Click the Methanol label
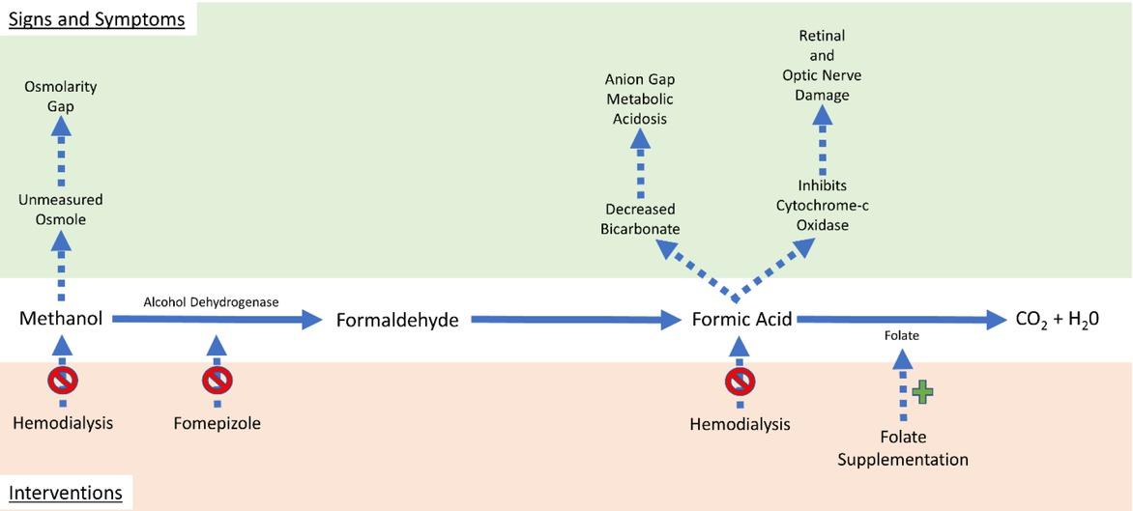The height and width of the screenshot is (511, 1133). [61, 320]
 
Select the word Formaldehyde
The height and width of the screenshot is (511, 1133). [396, 320]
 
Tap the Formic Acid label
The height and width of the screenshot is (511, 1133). [741, 320]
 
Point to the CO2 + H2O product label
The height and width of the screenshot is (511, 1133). [1060, 320]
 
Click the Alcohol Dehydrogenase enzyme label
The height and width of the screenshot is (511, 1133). [211, 302]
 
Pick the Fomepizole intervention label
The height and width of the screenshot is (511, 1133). [218, 423]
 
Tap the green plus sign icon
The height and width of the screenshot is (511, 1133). [923, 391]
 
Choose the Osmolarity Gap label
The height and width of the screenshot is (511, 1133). [61, 97]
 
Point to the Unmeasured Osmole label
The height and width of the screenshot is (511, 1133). [61, 210]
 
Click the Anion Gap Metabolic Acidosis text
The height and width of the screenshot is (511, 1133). [639, 99]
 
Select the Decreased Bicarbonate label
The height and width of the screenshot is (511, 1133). [639, 219]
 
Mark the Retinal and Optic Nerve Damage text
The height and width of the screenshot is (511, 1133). [823, 66]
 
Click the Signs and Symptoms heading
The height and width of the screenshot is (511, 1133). [97, 19]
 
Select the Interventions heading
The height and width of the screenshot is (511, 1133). [66, 494]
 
